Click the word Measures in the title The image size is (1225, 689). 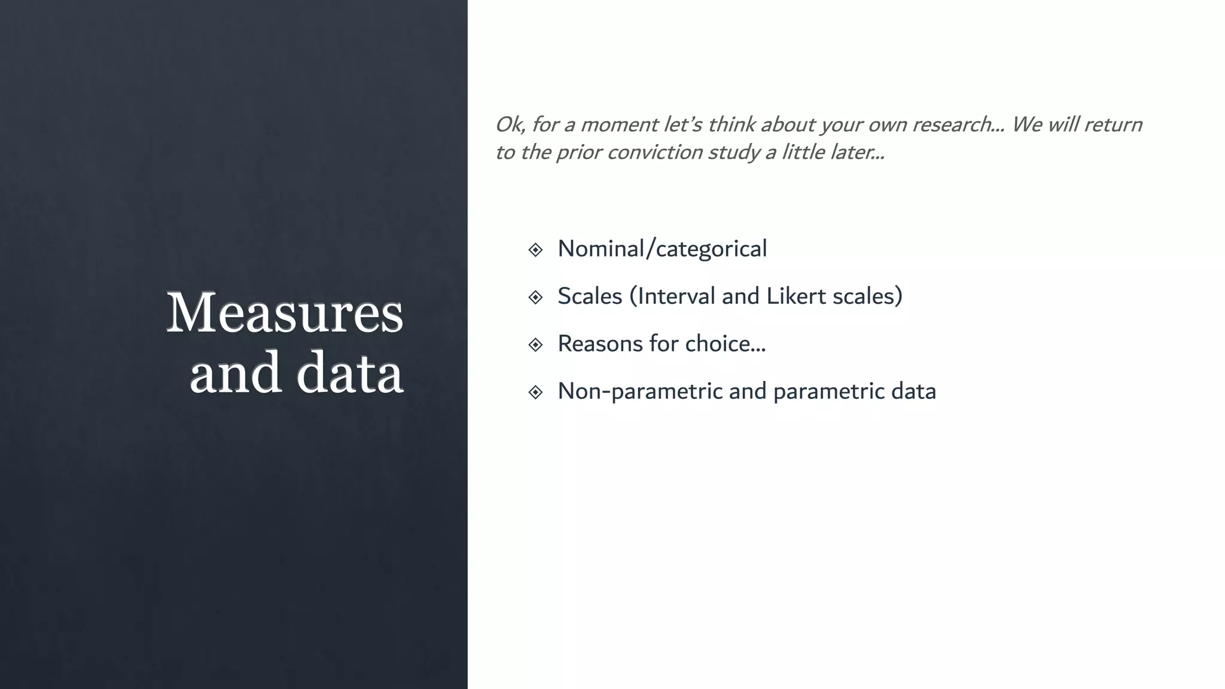point(285,313)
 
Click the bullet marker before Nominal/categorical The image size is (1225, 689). point(535,249)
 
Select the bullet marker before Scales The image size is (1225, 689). point(535,297)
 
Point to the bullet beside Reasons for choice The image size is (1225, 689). point(535,344)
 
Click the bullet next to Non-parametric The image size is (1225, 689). point(535,392)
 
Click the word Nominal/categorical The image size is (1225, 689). point(662,249)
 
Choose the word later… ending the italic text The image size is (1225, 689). point(857,152)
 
